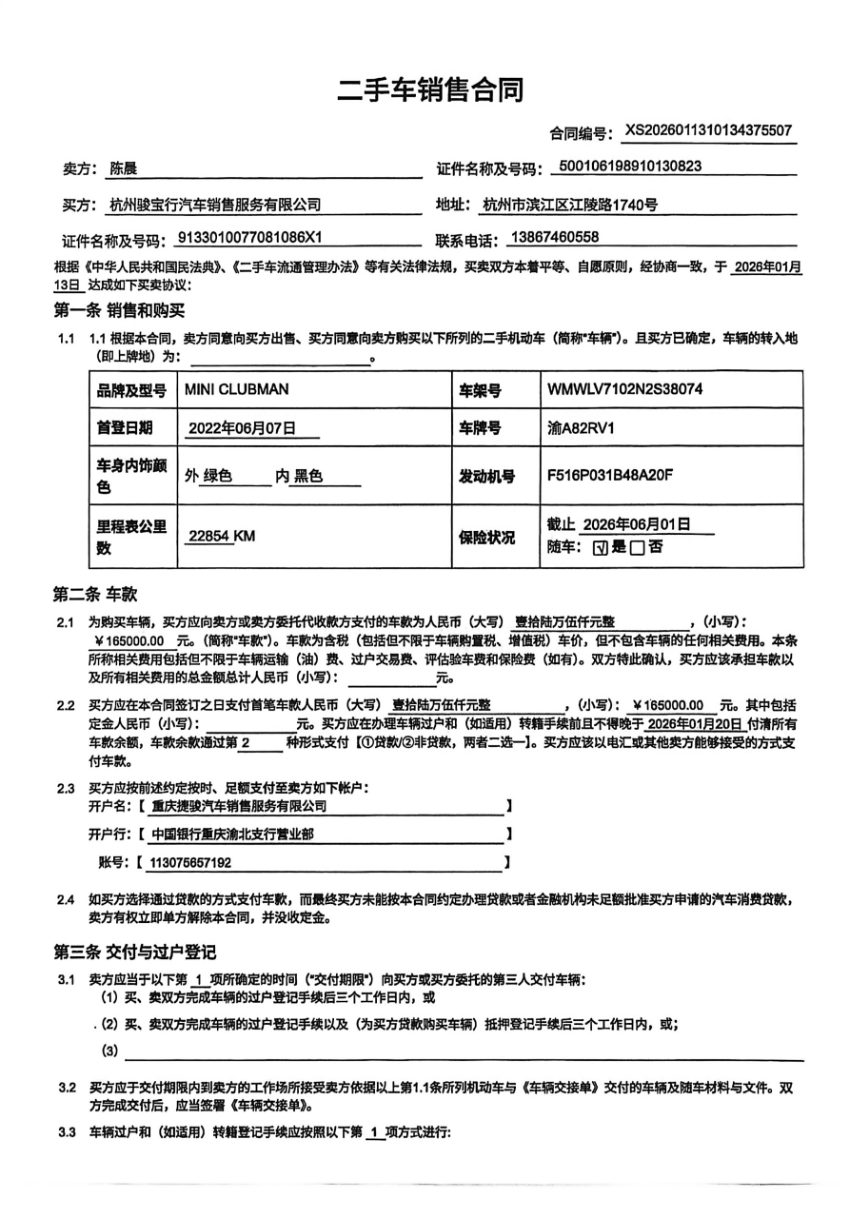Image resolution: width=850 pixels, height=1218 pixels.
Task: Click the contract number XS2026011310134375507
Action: pos(708,131)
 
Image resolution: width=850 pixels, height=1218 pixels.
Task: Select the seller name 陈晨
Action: pos(124,168)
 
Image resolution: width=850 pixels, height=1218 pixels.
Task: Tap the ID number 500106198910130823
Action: pos(631,167)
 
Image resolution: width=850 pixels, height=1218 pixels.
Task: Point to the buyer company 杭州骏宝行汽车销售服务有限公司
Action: pos(215,204)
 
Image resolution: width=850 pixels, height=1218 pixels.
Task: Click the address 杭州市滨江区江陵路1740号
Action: pos(570,204)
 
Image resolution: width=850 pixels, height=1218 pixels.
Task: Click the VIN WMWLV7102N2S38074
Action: pos(625,388)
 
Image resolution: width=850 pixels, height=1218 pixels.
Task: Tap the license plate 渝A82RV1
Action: pos(575,427)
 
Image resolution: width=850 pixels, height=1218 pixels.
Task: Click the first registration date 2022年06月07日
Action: pos(242,427)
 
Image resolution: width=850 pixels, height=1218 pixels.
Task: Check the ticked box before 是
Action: pos(599,548)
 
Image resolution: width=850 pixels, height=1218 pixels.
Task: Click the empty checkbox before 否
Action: pos(637,548)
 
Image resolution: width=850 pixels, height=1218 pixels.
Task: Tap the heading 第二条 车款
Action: pos(95,595)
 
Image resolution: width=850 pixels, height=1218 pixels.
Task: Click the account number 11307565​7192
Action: pos(191,863)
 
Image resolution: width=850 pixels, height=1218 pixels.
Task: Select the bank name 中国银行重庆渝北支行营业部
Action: pos(233,835)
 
